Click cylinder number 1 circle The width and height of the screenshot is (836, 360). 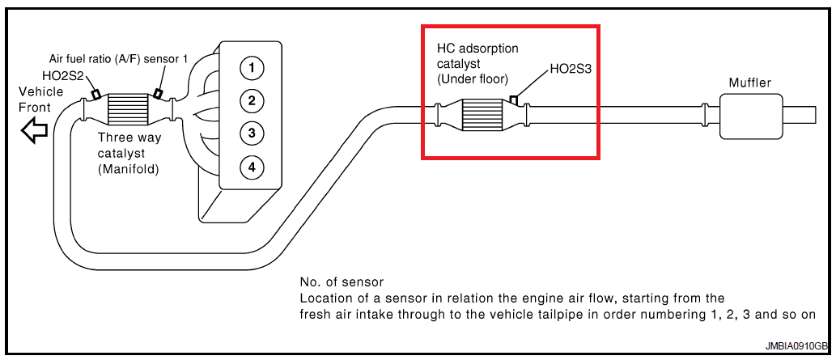[x=251, y=68]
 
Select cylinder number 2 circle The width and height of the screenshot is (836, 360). [x=251, y=100]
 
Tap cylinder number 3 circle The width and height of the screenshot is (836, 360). [x=251, y=133]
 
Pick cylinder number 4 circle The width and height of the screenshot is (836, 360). [x=251, y=167]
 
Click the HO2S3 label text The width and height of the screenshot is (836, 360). [x=571, y=70]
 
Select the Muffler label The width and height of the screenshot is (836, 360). [x=749, y=83]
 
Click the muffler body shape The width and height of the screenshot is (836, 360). [x=751, y=116]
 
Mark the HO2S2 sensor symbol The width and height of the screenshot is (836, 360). [x=96, y=94]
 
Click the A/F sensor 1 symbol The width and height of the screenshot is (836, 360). [x=158, y=93]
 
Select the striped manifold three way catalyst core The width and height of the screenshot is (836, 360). [x=127, y=111]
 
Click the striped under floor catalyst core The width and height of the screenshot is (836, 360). [x=482, y=116]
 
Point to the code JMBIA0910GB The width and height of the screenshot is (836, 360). [x=796, y=346]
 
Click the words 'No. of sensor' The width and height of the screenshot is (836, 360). [x=342, y=282]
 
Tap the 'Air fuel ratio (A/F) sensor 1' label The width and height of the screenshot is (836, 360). [x=118, y=58]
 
